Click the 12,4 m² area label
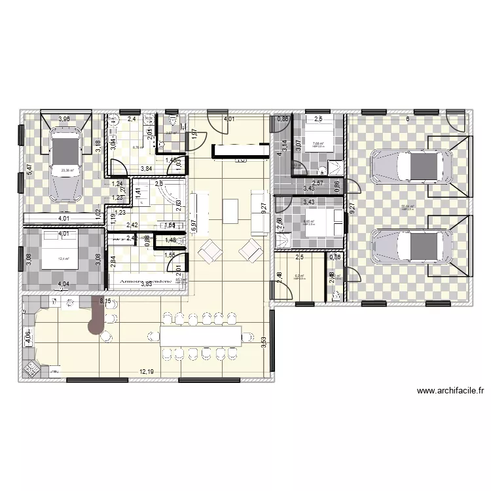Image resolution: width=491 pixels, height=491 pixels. click(x=64, y=258)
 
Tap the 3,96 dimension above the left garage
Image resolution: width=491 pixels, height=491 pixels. click(x=64, y=119)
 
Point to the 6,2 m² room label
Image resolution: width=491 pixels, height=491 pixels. click(x=299, y=276)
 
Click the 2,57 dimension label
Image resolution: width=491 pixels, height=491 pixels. click(x=318, y=183)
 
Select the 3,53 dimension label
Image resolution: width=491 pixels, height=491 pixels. click(x=264, y=343)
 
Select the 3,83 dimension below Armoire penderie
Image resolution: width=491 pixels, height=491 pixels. click(x=145, y=284)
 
